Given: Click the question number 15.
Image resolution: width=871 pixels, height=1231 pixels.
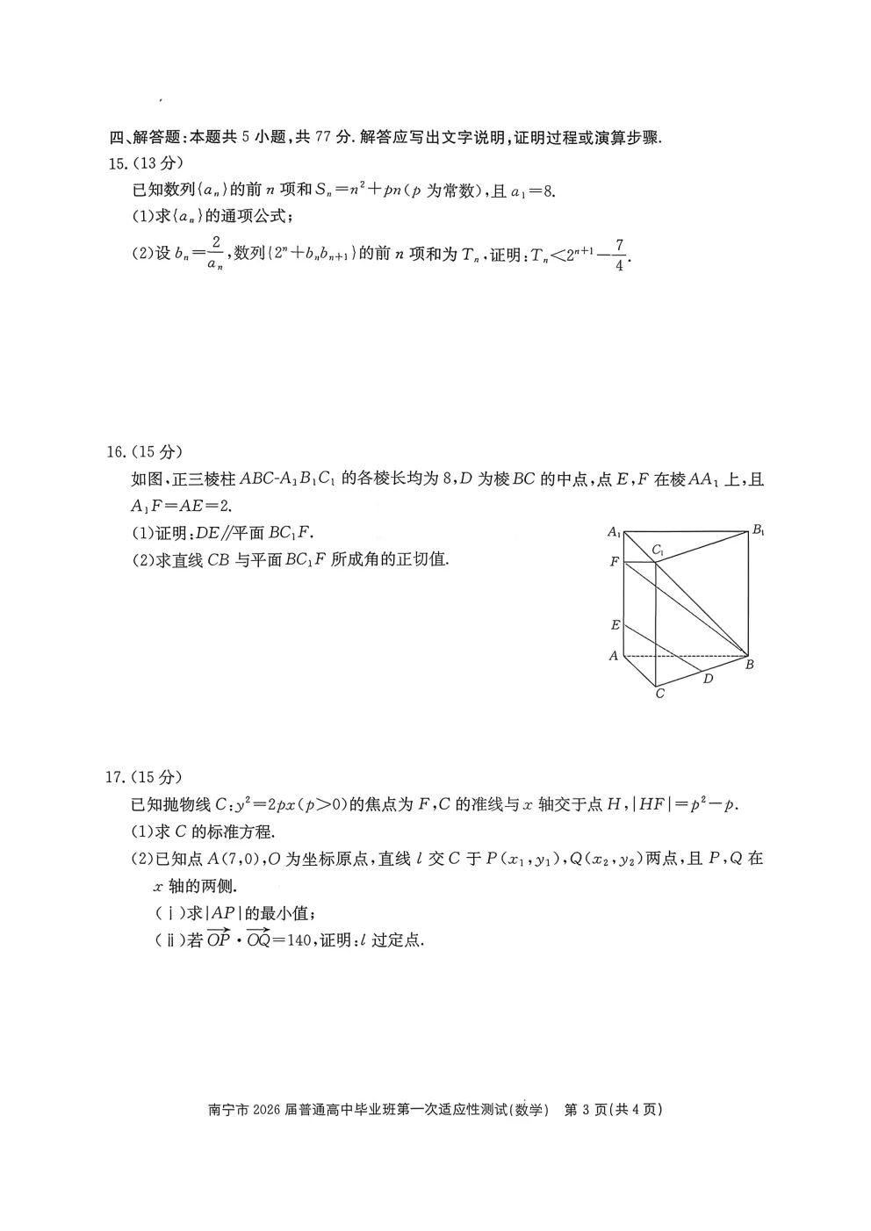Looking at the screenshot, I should [115, 163].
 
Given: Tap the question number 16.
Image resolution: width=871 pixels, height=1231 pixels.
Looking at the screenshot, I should [115, 452].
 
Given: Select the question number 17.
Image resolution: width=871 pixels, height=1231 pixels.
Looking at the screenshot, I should [115, 776].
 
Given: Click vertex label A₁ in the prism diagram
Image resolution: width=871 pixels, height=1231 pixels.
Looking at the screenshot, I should [615, 532].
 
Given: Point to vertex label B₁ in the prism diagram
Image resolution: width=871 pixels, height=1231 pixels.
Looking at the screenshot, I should [759, 530].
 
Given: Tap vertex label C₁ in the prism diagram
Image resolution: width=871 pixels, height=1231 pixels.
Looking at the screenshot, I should [658, 551].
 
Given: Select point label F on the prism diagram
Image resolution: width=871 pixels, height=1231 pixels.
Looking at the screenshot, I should [615, 561].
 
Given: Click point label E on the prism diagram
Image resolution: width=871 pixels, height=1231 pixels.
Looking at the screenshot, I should [615, 625].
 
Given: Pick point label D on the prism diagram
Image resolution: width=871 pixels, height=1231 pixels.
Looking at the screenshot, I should [708, 678].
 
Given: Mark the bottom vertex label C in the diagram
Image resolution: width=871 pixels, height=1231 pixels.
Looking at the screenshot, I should [659, 694].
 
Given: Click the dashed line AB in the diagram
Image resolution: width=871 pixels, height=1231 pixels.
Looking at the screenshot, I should [685, 656].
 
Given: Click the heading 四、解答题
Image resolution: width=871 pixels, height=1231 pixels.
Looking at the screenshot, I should [144, 137].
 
